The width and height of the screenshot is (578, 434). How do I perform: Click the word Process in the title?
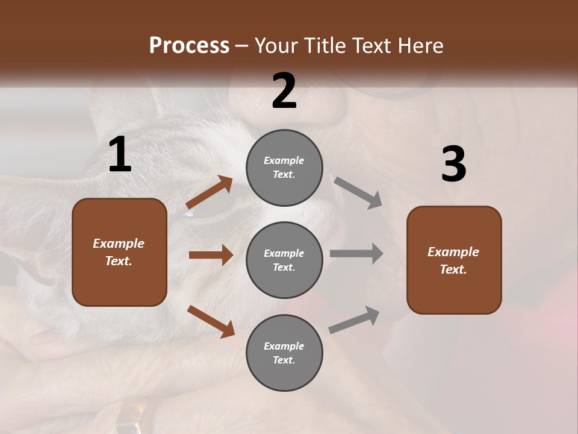[x=189, y=45]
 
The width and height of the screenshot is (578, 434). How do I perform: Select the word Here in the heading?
[x=420, y=45]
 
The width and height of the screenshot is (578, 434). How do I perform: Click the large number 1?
[x=120, y=155]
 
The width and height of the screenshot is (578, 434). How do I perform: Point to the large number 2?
[x=284, y=91]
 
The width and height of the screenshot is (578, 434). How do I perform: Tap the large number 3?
[x=453, y=165]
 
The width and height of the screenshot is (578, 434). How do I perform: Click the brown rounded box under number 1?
[x=119, y=252]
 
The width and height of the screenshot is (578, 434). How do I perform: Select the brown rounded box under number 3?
[x=454, y=260]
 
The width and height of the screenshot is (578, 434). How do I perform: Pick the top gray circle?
[x=284, y=168]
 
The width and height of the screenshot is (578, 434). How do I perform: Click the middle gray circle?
[x=284, y=260]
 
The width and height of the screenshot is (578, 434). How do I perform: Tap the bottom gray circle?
[x=284, y=353]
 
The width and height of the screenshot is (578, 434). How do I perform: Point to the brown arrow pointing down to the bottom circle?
[x=211, y=321]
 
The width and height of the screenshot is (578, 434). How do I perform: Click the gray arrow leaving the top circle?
[x=358, y=193]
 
